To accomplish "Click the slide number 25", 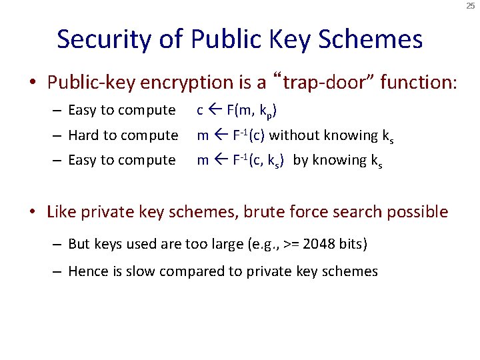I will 471,5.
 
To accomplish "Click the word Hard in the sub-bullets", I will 83,135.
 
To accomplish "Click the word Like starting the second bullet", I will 61,212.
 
